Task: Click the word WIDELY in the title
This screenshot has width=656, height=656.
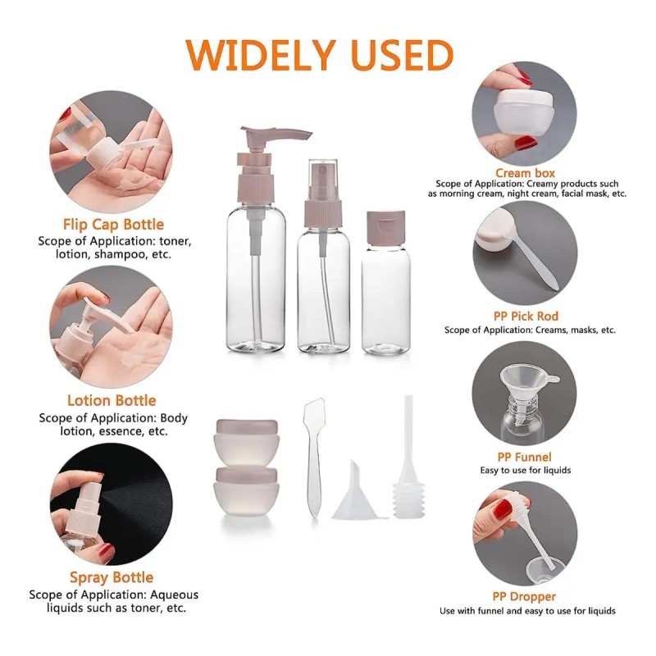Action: coord(260,55)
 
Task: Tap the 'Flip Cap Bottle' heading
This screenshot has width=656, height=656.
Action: coord(113,224)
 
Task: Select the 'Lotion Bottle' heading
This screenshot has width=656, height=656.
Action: coord(112,400)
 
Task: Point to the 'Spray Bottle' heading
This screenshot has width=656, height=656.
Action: coord(112,577)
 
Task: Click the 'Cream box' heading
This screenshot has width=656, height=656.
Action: coord(525,173)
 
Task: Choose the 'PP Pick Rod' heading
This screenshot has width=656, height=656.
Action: coord(526,316)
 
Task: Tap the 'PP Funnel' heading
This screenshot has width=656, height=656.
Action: coord(524,457)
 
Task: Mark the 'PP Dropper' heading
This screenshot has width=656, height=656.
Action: coord(524,597)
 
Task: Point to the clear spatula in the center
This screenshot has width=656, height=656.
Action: coord(314,458)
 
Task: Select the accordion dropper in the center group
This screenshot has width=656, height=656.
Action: coord(408,458)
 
